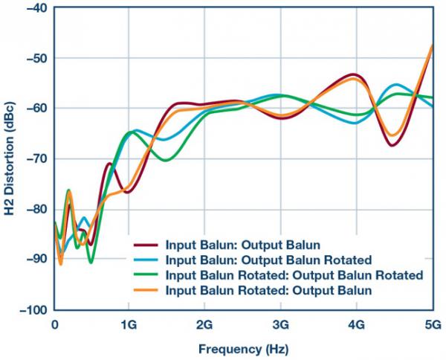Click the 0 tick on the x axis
coord(54,324)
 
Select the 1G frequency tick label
coord(129,324)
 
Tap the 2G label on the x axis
coord(204,324)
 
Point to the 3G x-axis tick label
coord(280,324)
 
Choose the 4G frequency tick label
coord(355,324)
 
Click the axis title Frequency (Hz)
coord(242,348)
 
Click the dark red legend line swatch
coord(147,244)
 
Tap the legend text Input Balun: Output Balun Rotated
coord(268,260)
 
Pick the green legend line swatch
coord(147,275)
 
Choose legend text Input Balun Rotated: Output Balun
coord(268,291)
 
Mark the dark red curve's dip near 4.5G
coord(392,145)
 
